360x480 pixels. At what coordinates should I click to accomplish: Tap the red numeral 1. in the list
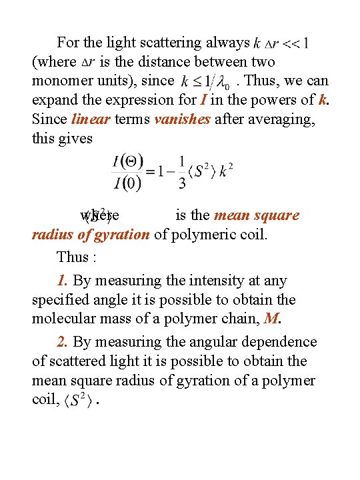pos(63,281)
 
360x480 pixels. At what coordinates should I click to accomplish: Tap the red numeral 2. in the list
pos(63,342)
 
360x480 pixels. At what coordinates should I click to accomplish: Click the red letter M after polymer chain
pos(270,319)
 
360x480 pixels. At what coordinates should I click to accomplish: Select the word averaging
pos(281,119)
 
